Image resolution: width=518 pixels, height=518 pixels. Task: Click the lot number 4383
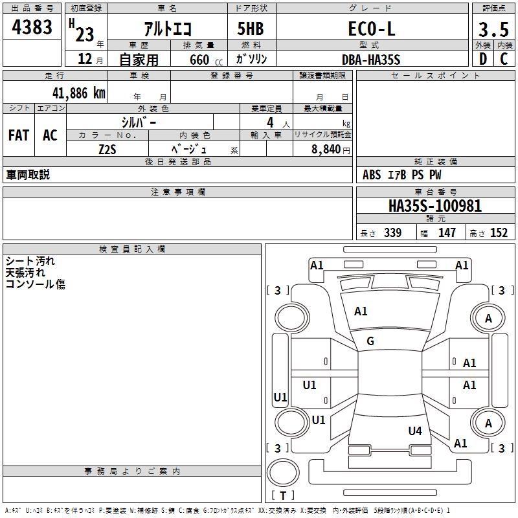pos(32,28)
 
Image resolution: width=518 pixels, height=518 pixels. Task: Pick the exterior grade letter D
pos(482,58)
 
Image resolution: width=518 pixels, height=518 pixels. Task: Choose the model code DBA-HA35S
pos(371,59)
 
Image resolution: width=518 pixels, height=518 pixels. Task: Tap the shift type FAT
pos(18,135)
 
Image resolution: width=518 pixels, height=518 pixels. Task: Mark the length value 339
pos(392,233)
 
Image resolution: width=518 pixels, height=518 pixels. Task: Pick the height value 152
pos(499,233)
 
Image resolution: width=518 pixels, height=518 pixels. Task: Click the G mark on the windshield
pos(370,341)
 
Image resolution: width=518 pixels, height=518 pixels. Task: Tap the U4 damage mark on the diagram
pos(415,431)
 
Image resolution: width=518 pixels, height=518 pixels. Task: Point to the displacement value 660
pos(199,60)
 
